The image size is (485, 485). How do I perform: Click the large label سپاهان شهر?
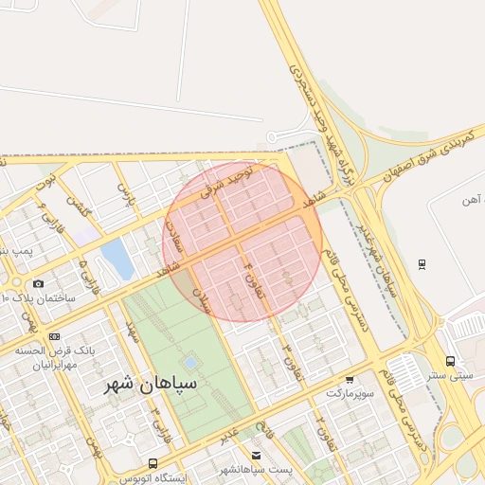[152, 385]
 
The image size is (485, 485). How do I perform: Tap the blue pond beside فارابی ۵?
[117, 257]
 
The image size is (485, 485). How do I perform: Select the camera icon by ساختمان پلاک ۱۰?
[39, 283]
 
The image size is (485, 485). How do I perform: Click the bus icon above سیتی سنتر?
[450, 360]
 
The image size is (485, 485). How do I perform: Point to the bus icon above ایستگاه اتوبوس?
[153, 463]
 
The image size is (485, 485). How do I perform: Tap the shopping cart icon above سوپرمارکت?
[350, 378]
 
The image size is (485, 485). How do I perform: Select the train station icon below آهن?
[422, 262]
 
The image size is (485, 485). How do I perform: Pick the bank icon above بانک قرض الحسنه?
[54, 336]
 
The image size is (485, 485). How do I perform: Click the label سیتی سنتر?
[449, 374]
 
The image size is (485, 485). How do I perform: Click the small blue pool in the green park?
[190, 362]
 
